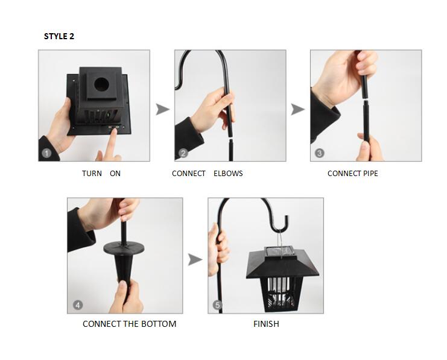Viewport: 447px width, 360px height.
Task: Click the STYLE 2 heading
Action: pyautogui.click(x=59, y=36)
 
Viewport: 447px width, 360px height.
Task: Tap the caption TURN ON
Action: pyautogui.click(x=101, y=174)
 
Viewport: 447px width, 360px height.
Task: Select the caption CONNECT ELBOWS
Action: pyautogui.click(x=207, y=174)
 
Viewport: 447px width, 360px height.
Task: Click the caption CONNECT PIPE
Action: pyautogui.click(x=353, y=174)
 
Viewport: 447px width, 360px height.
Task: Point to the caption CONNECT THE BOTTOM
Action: pyautogui.click(x=129, y=324)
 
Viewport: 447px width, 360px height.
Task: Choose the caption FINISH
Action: pyautogui.click(x=266, y=324)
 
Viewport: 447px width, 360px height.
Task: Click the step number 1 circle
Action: pyautogui.click(x=46, y=153)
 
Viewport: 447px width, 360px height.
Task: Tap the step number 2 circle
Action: pyautogui.click(x=183, y=153)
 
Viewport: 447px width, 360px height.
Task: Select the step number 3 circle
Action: pyautogui.click(x=319, y=153)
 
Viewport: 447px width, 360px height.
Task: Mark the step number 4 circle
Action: pyautogui.click(x=77, y=305)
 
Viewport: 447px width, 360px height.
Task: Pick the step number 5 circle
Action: pyautogui.click(x=217, y=305)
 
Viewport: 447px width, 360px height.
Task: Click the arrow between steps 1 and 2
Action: pyautogui.click(x=162, y=109)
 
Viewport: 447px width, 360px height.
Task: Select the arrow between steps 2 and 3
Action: pyautogui.click(x=297, y=109)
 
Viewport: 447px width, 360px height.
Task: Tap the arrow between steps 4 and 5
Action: pyautogui.click(x=194, y=260)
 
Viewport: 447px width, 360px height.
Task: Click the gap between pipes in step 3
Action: pyautogui.click(x=365, y=98)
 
